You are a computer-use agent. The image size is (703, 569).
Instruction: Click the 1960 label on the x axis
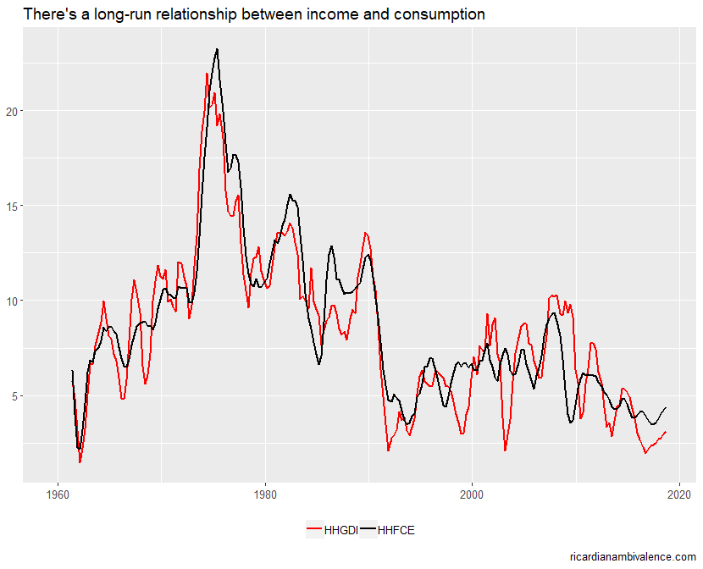coord(58,494)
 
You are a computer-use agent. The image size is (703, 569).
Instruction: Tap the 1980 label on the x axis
coord(264,494)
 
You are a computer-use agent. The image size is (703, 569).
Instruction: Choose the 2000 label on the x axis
coord(472,494)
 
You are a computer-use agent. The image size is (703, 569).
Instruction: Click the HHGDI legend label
coord(341,531)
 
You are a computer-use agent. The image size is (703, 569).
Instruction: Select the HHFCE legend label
coord(396,531)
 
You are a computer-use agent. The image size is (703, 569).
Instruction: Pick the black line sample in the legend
coord(368,531)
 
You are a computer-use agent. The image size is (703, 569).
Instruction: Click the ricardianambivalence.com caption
coord(633,556)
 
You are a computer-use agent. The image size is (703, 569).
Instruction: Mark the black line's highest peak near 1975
coord(218,49)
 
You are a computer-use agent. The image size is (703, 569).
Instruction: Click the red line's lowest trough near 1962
coord(80,462)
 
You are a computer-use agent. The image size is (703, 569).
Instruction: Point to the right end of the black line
coord(666,407)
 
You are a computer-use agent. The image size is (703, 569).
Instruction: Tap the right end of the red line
coord(666,432)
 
